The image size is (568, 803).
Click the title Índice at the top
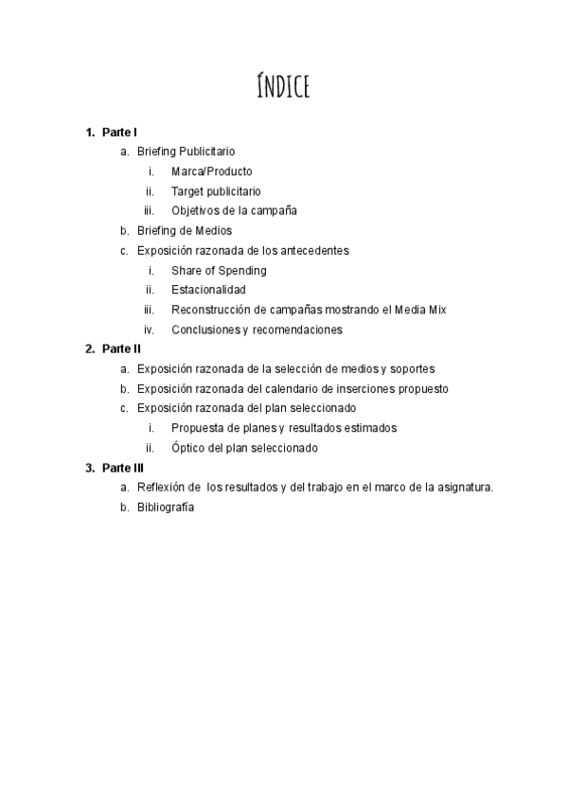point(283,86)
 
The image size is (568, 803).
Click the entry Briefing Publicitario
point(186,152)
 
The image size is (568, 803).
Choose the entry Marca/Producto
point(212,171)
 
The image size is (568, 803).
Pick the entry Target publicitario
point(216,191)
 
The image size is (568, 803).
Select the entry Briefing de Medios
point(184,230)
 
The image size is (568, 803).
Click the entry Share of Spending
point(219,271)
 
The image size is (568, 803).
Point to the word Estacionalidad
point(208,290)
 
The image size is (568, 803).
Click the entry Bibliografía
point(166,507)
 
